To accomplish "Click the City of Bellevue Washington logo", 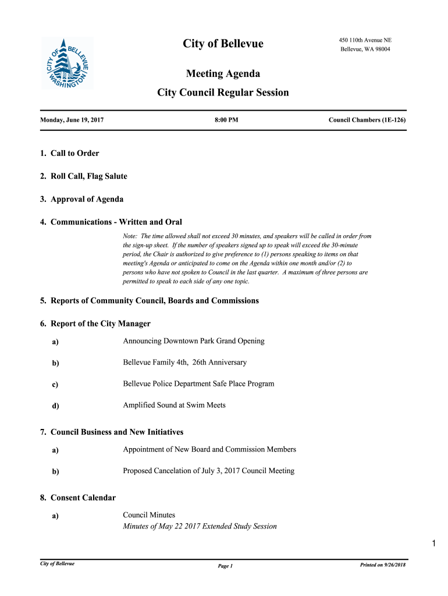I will (x=67, y=64).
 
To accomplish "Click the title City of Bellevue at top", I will (x=223, y=44).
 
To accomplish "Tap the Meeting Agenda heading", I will (x=223, y=74).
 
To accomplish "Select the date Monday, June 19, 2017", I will (x=72, y=120).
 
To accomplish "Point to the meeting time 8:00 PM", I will (x=226, y=120).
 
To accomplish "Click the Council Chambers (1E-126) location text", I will (x=367, y=120).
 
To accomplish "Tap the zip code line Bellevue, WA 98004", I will (x=365, y=49).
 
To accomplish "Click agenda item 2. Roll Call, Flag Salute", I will (x=84, y=176).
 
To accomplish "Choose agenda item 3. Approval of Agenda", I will (x=81, y=199).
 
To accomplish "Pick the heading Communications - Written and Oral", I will (x=116, y=222).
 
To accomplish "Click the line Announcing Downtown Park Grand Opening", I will (x=194, y=341).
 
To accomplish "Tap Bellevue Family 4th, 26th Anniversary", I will (x=185, y=363).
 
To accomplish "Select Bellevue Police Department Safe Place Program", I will (x=198, y=384).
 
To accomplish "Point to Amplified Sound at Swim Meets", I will (x=175, y=405).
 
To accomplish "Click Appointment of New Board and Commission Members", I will (x=209, y=449).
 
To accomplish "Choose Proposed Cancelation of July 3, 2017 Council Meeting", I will (x=209, y=471).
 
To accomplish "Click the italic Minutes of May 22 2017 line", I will (x=200, y=527).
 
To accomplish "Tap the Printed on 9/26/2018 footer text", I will (x=383, y=565).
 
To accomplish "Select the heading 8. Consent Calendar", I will (x=78, y=498).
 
